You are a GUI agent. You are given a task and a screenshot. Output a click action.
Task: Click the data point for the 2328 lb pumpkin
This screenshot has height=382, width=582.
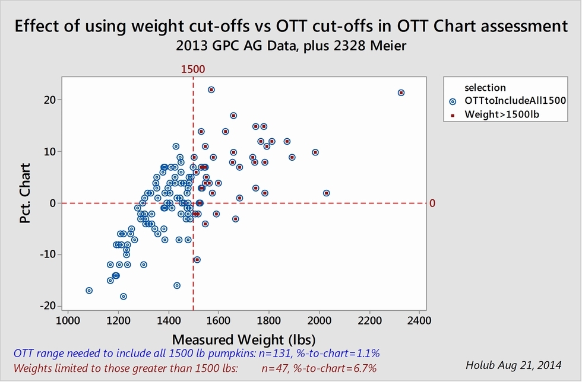point(401,93)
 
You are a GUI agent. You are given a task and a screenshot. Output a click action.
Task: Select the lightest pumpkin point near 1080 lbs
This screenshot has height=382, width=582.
point(89,291)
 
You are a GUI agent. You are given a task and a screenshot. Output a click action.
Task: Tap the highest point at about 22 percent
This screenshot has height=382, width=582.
point(211,90)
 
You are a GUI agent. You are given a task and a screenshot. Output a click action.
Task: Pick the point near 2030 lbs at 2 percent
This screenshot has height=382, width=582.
point(326,193)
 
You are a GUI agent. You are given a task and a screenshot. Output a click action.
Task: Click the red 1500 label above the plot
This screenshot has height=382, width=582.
point(193,69)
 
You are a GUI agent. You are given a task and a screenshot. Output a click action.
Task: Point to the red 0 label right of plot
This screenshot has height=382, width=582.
point(432,203)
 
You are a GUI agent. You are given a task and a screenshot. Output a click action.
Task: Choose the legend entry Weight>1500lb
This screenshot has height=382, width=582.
point(498,113)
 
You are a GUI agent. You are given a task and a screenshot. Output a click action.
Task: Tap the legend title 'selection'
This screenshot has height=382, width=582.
point(485,88)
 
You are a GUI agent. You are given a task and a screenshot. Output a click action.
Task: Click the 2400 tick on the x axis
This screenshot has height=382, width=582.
point(419,321)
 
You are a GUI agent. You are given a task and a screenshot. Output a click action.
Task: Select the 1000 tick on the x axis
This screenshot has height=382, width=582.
point(68,321)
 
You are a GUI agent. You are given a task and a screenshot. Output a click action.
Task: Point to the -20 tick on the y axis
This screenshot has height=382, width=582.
point(50,306)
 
